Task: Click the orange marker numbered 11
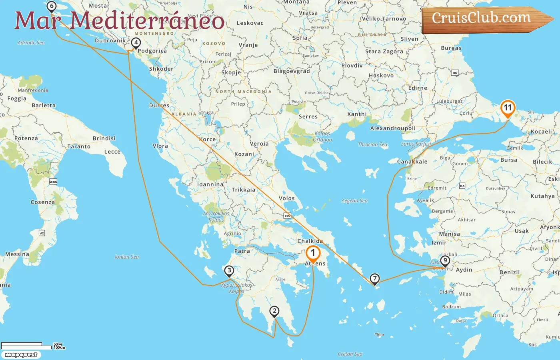tap(508, 108)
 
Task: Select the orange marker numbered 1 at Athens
tap(313, 253)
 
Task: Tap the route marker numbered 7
tap(374, 278)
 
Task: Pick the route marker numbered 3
tap(229, 271)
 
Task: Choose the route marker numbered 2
tap(274, 311)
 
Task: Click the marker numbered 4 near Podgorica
tap(136, 43)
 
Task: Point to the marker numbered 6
tap(51, 6)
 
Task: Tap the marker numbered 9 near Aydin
tap(445, 260)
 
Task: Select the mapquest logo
tap(21, 355)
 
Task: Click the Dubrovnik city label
tap(110, 40)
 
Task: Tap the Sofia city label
tap(300, 38)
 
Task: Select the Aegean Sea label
tap(354, 201)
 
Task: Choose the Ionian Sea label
tap(127, 257)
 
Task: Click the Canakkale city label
tap(412, 162)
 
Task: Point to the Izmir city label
tap(439, 243)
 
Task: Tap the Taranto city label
tap(79, 147)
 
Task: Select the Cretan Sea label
tap(350, 354)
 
